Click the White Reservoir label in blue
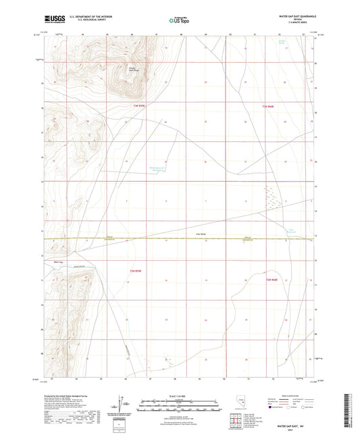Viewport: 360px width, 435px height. [157, 170]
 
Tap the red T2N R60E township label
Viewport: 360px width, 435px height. [272, 280]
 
